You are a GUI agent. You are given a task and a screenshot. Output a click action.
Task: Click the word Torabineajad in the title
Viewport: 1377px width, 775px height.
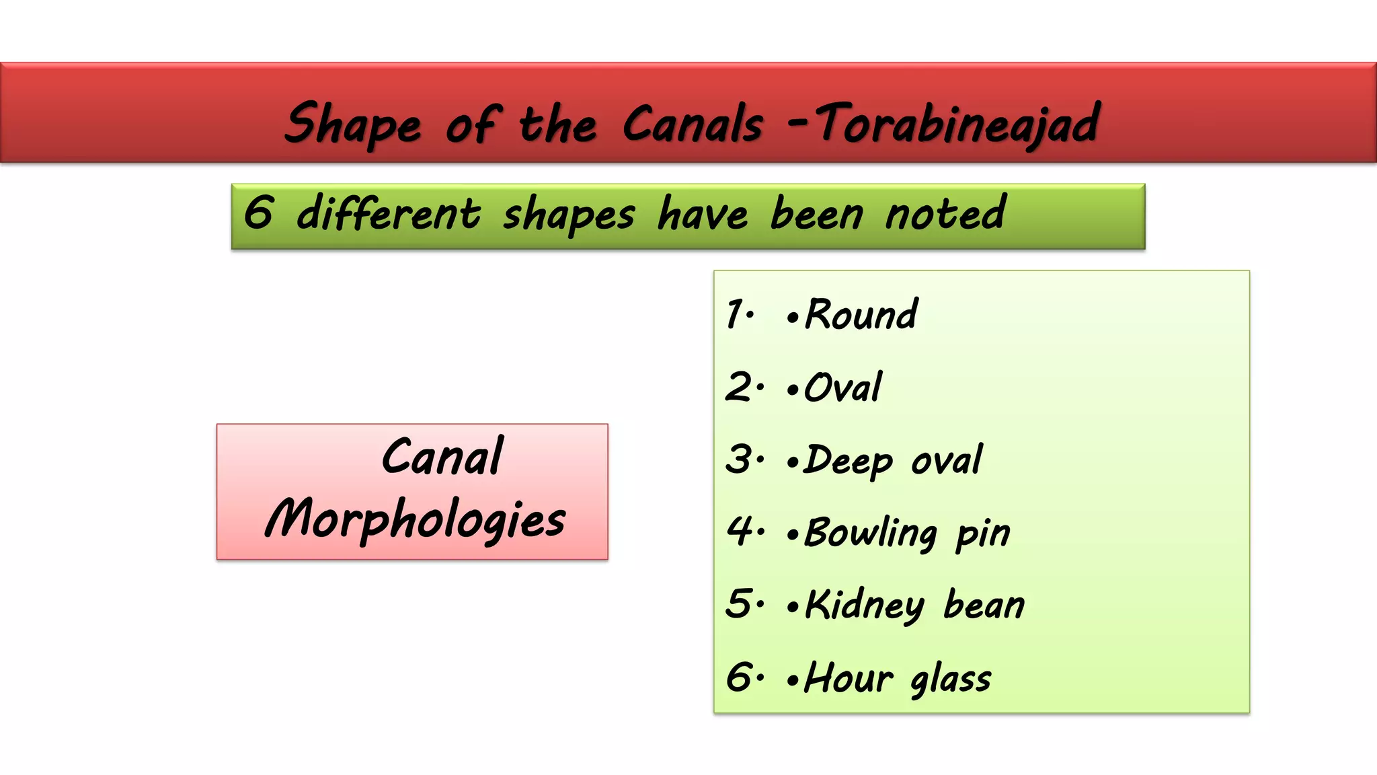point(957,124)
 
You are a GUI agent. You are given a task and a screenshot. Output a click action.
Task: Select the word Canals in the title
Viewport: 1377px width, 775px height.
point(693,124)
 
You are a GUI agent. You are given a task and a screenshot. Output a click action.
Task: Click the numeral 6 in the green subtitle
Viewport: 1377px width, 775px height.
point(258,213)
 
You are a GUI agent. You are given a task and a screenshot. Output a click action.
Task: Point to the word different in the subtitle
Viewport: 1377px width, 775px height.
point(389,214)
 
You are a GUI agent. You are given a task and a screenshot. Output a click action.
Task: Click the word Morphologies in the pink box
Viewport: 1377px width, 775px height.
point(416,519)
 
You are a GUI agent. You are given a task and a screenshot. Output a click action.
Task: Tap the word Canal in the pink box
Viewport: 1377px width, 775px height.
point(442,457)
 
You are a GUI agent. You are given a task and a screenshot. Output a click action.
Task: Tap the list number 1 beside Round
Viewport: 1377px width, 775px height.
point(736,315)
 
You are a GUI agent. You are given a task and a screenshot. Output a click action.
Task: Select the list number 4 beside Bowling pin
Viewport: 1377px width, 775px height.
point(740,531)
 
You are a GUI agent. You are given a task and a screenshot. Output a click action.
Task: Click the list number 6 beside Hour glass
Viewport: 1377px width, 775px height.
point(740,677)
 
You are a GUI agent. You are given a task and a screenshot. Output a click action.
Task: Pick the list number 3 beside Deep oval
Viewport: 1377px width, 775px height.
point(740,459)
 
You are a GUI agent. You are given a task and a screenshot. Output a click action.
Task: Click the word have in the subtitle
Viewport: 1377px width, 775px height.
point(703,214)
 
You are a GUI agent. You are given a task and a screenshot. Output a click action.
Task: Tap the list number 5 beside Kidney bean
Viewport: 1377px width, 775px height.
point(740,603)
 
